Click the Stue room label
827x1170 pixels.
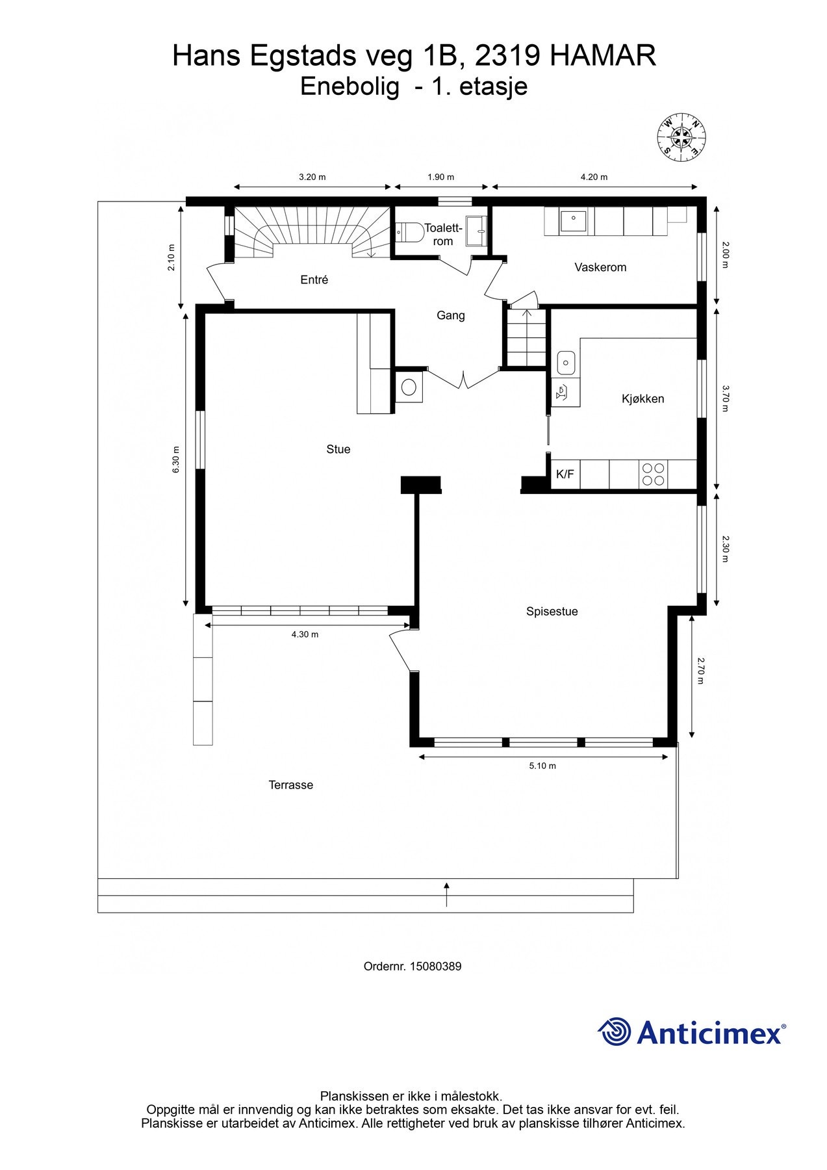pyautogui.click(x=338, y=449)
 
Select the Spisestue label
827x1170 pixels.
pyautogui.click(x=552, y=612)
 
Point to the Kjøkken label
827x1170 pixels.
pyautogui.click(x=643, y=399)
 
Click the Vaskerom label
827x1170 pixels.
pyautogui.click(x=600, y=267)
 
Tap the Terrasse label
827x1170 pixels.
pyautogui.click(x=291, y=785)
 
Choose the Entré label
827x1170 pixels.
pyautogui.click(x=314, y=280)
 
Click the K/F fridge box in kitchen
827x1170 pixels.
pyautogui.click(x=565, y=474)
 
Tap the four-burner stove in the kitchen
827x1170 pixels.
pyautogui.click(x=653, y=474)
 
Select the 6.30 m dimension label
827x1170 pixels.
pyautogui.click(x=175, y=460)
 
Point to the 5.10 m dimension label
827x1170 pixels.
pyautogui.click(x=542, y=766)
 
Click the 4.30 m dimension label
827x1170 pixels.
pyautogui.click(x=305, y=634)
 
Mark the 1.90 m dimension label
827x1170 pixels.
pyautogui.click(x=441, y=177)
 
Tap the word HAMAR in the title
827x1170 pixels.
pyautogui.click(x=603, y=57)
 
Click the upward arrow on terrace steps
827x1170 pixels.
pyautogui.click(x=446, y=894)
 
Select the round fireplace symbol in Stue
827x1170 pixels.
pyautogui.click(x=409, y=387)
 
